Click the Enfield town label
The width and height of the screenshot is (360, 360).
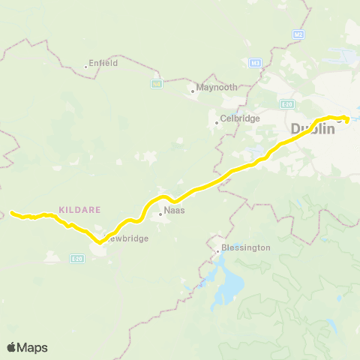pyautogui.click(x=103, y=63)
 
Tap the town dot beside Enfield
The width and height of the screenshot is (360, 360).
pyautogui.click(x=86, y=66)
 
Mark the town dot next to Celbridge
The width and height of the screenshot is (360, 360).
pyautogui.click(x=216, y=122)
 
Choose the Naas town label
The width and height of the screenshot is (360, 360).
pyautogui.click(x=174, y=211)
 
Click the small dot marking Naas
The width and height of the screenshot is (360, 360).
pyautogui.click(x=160, y=214)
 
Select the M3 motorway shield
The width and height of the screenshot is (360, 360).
pyautogui.click(x=255, y=62)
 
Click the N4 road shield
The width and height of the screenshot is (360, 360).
pyautogui.click(x=157, y=83)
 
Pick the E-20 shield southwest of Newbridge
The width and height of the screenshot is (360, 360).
pyautogui.click(x=76, y=259)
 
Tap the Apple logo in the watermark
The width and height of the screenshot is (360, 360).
pyautogui.click(x=12, y=347)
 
